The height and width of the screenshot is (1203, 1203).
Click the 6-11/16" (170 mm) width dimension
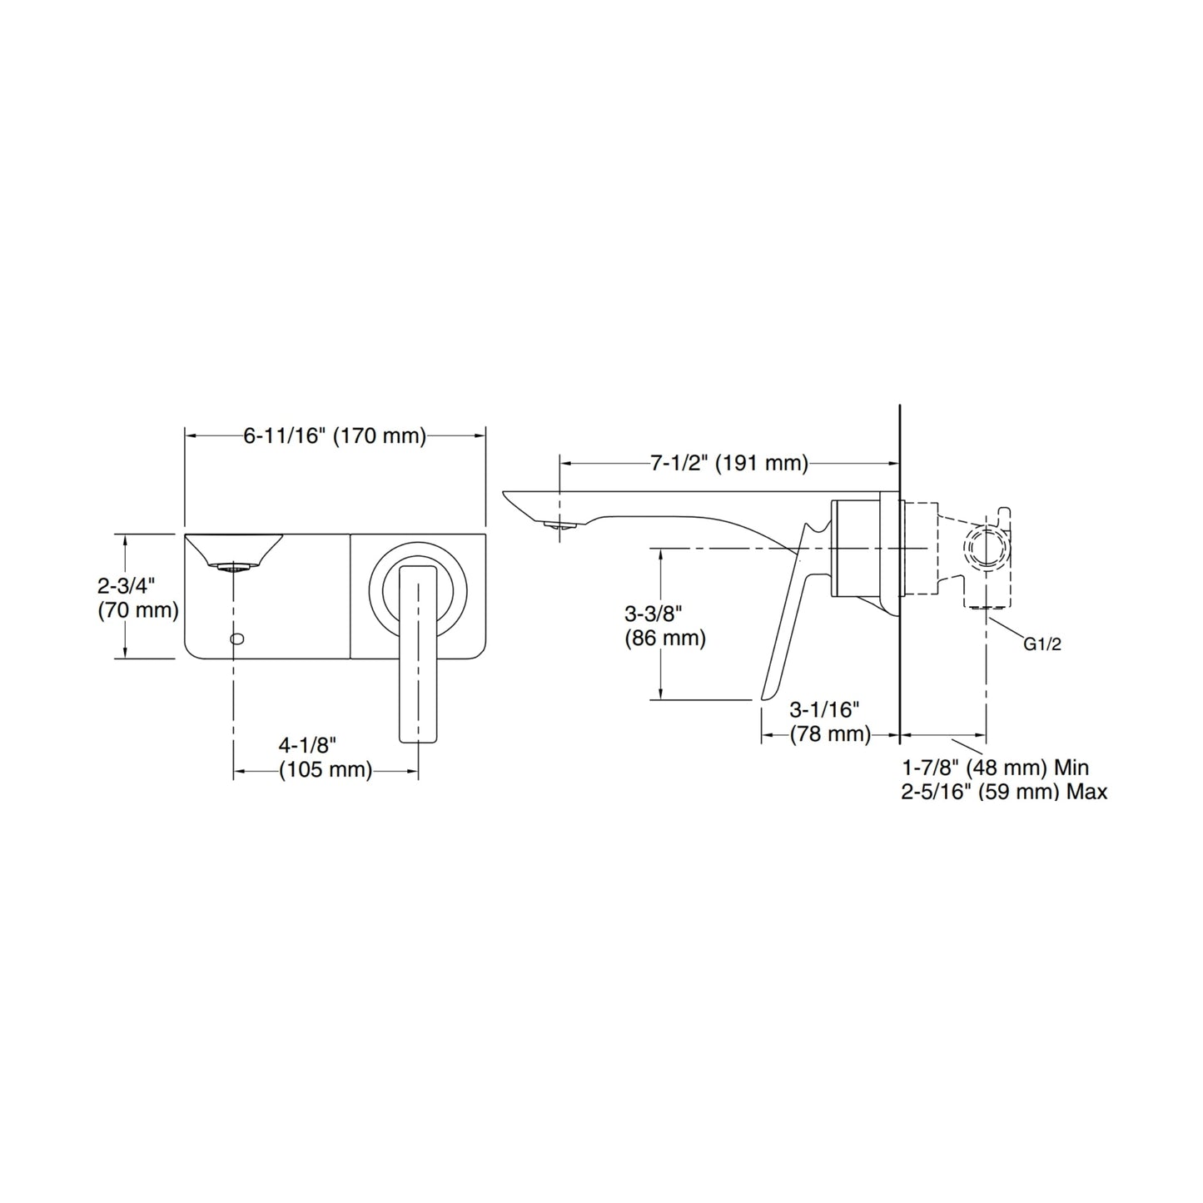pyautogui.click(x=335, y=436)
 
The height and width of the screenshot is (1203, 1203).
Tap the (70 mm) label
pyautogui.click(x=138, y=610)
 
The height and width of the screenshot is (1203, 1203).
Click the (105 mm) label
pyautogui.click(x=326, y=770)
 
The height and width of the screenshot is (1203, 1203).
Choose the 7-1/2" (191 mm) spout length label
pyautogui.click(x=729, y=463)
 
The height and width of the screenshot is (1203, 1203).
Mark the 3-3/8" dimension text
pyautogui.click(x=654, y=614)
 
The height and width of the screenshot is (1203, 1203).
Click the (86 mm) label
pyautogui.click(x=665, y=639)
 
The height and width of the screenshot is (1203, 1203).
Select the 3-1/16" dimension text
pyautogui.click(x=824, y=709)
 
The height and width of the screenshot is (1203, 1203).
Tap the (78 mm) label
pyautogui.click(x=818, y=734)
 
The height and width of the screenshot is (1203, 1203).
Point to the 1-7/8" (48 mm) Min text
pyautogui.click(x=995, y=767)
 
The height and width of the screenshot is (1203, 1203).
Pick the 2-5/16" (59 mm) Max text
pyautogui.click(x=1004, y=792)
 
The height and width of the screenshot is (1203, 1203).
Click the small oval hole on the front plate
pyautogui.click(x=237, y=639)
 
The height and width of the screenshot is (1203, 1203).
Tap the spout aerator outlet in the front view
pyautogui.click(x=234, y=568)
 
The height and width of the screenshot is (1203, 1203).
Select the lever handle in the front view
pyautogui.click(x=418, y=654)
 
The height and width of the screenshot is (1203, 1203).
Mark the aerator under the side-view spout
pyautogui.click(x=559, y=525)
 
